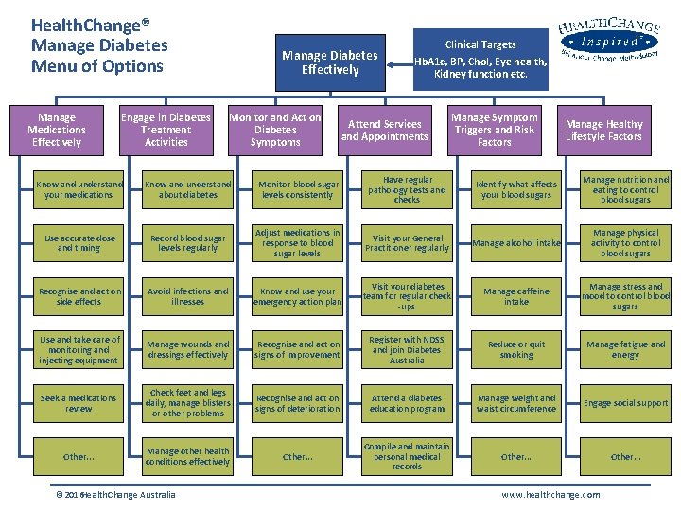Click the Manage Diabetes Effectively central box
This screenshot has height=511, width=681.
click(330, 62)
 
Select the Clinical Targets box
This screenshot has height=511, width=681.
click(480, 59)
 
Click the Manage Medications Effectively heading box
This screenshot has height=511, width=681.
click(57, 130)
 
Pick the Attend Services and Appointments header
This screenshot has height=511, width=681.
click(384, 130)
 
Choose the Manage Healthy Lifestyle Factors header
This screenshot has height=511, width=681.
click(603, 130)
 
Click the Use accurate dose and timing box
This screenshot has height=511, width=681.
click(79, 243)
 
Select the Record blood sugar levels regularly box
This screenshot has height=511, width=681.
click(188, 243)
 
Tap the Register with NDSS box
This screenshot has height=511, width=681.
click(407, 349)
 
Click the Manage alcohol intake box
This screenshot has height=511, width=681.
click(516, 243)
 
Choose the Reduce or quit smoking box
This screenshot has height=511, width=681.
click(516, 349)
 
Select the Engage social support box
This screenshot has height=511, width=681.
click(625, 403)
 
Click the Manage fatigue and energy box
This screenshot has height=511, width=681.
click(625, 349)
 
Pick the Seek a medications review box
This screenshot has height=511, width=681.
click(79, 403)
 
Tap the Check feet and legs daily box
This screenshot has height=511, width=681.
click(188, 403)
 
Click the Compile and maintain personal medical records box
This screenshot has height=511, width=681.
click(407, 456)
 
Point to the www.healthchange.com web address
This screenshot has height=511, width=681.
click(550, 495)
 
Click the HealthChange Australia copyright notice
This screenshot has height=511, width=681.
click(115, 495)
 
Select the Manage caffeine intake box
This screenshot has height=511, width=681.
click(516, 297)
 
